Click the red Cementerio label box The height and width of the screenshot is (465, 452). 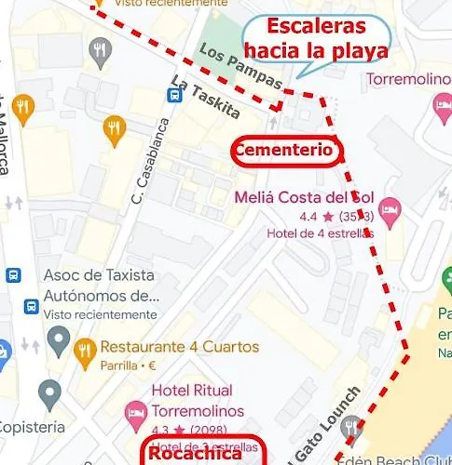283,150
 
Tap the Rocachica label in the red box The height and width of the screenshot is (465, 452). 195,454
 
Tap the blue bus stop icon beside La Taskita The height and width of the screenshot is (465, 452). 174,94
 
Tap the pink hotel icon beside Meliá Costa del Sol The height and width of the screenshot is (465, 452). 390,208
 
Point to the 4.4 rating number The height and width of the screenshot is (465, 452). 308,217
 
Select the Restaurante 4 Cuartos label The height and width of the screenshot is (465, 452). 179,347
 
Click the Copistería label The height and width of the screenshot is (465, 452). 32,427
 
